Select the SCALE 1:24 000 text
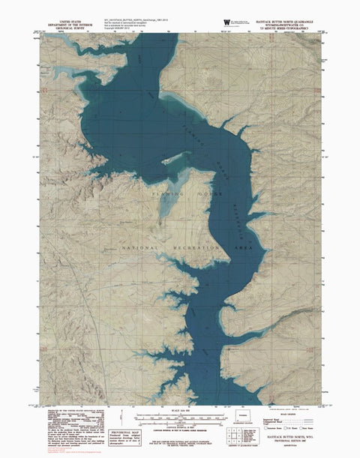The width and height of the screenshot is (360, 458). point(178,409)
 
